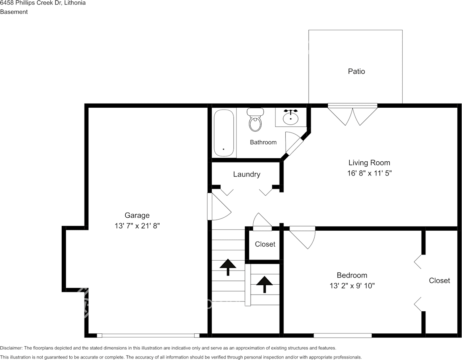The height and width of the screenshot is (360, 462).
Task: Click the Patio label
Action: click(356, 72)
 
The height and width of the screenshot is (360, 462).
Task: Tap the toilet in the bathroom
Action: click(255, 119)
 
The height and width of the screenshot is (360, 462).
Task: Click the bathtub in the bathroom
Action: click(224, 133)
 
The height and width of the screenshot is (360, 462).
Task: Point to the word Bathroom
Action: click(263, 142)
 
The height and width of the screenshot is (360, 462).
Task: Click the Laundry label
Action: click(247, 174)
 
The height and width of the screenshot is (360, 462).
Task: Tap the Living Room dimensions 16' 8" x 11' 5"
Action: click(369, 173)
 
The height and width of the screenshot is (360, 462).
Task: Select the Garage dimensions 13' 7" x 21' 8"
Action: click(137, 226)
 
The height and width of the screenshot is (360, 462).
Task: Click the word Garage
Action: click(137, 215)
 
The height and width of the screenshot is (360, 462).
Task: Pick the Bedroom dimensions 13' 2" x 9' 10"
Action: click(352, 286)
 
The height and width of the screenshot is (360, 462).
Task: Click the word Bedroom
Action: click(352, 276)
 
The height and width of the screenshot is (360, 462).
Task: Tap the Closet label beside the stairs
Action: click(265, 244)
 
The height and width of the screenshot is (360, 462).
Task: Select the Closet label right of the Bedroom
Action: click(439, 281)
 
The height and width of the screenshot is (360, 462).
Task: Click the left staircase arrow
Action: click(228, 267)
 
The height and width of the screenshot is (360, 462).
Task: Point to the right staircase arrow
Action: click(264, 285)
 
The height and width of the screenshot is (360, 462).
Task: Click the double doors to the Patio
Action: click(353, 115)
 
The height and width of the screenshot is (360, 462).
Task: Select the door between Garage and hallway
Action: click(219, 206)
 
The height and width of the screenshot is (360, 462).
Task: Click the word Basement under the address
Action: click(14, 12)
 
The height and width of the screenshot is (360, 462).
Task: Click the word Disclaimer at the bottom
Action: click(11, 348)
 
